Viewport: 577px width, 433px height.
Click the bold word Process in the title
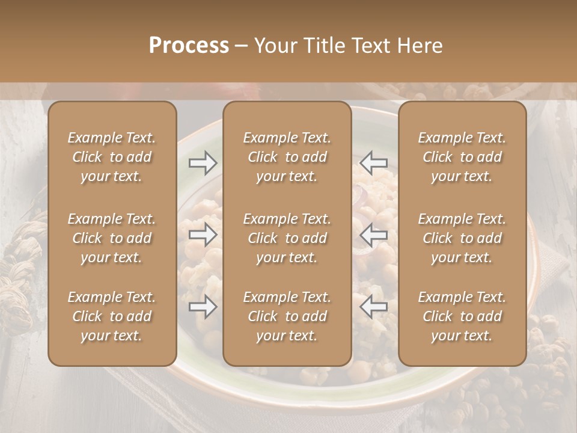pos(189,46)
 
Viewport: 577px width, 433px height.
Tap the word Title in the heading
pos(323,46)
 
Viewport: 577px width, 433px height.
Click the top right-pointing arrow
pos(203,162)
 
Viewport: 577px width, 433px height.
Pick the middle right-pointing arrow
pos(203,235)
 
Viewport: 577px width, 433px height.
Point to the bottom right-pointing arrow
pos(203,307)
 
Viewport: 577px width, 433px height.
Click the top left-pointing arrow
pos(374,162)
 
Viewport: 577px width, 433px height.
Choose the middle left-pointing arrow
pos(374,235)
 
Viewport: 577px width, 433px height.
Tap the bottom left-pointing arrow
pos(374,307)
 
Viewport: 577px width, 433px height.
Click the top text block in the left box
pos(112,157)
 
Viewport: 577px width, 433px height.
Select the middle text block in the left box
pos(112,238)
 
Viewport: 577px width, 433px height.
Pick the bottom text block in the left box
pos(112,316)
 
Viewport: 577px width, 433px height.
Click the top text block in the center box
pos(287,157)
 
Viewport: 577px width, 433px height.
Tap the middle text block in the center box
pos(287,238)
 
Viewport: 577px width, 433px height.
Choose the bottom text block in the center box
pos(287,316)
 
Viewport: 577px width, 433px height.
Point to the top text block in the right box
pos(462,157)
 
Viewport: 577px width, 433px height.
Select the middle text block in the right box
pos(462,238)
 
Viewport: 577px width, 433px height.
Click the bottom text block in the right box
pos(462,316)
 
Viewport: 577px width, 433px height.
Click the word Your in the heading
pos(274,46)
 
